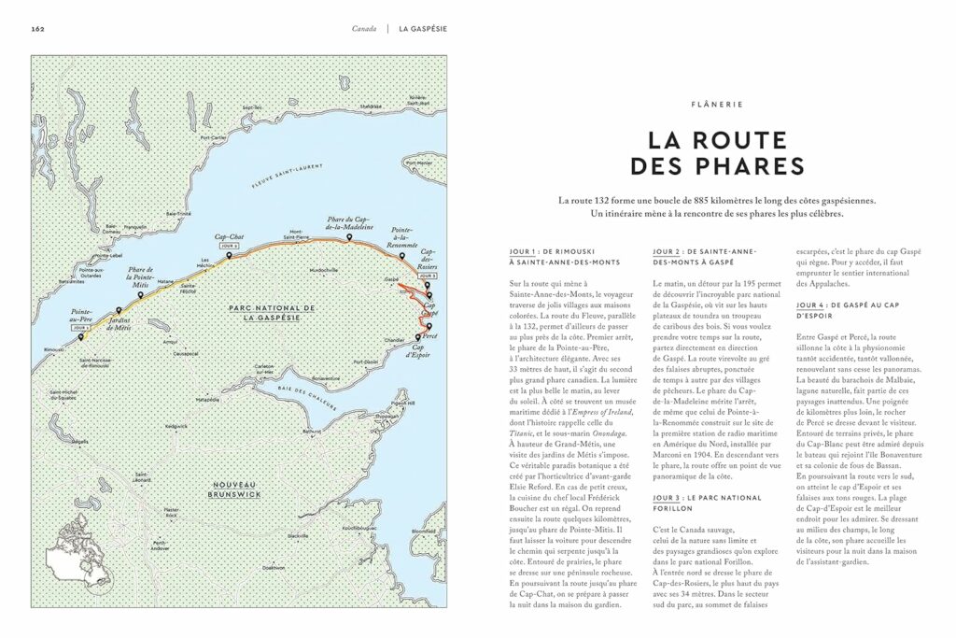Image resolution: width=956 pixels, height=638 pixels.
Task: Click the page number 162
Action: pyautogui.click(x=38, y=29)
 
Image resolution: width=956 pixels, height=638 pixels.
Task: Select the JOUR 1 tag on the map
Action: pyautogui.click(x=82, y=328)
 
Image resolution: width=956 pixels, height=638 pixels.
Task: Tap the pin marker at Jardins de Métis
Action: pyautogui.click(x=119, y=312)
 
